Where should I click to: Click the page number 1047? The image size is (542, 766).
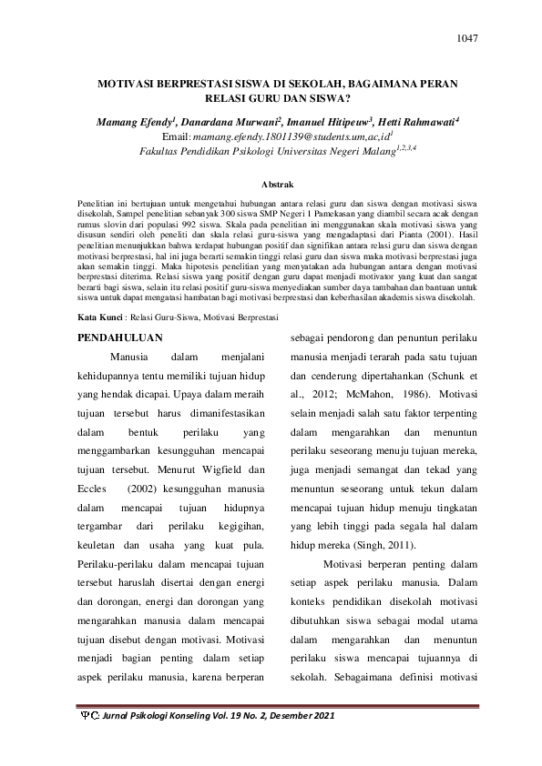[465, 38]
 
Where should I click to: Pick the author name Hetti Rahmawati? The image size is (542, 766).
[412, 120]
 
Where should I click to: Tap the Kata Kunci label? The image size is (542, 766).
[97, 317]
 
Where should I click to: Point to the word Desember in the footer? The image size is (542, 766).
[283, 718]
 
